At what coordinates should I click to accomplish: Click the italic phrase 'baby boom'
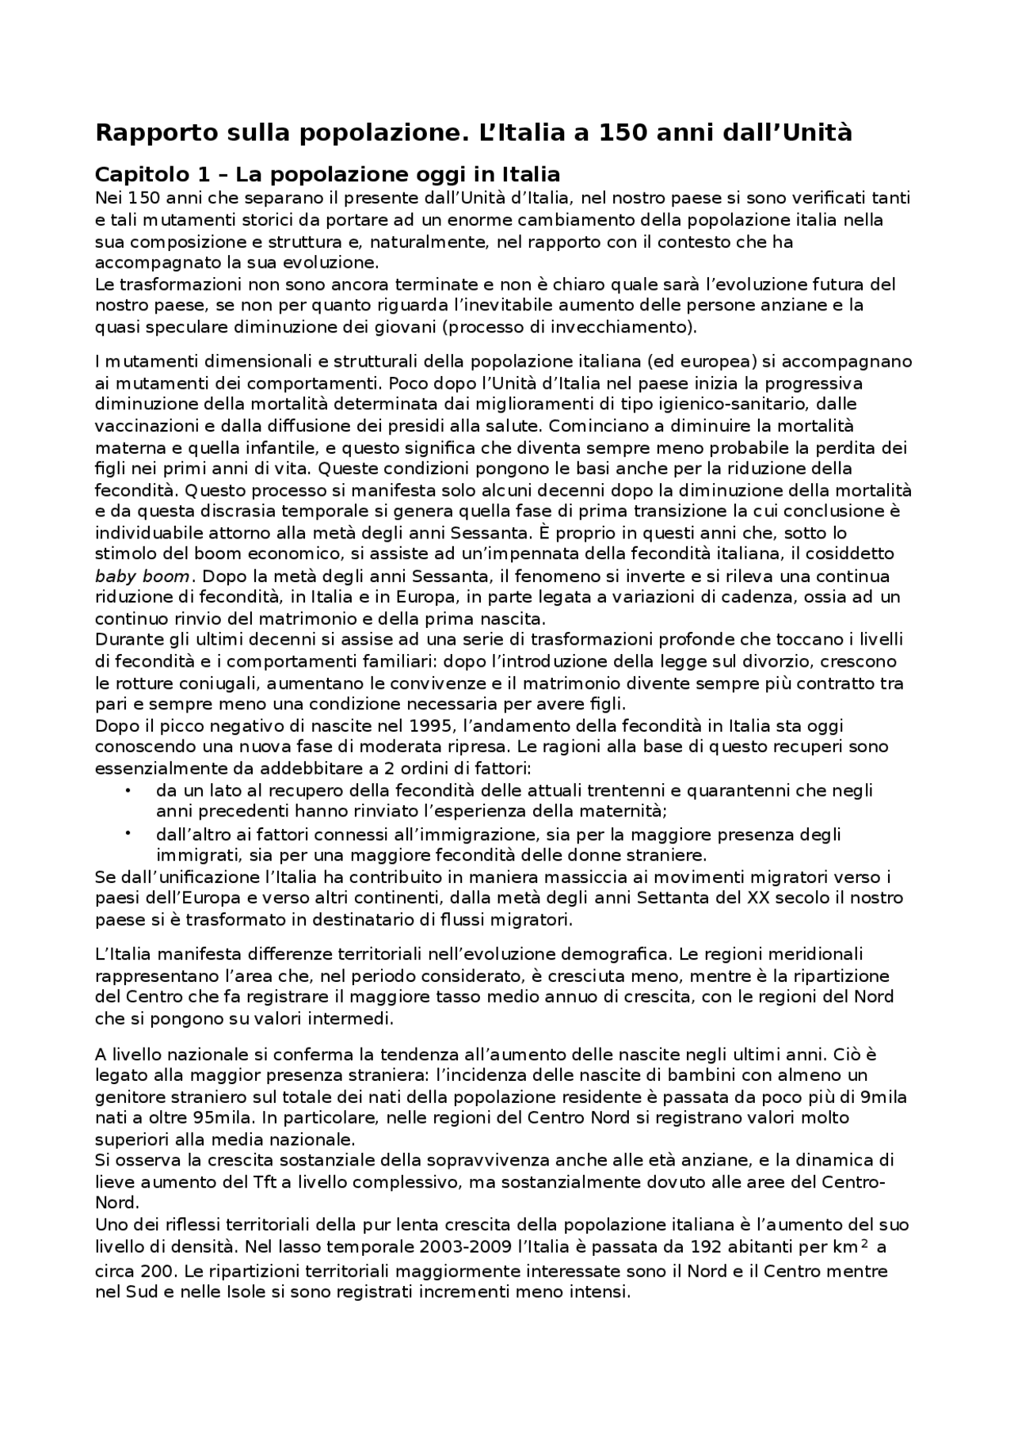142,576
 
